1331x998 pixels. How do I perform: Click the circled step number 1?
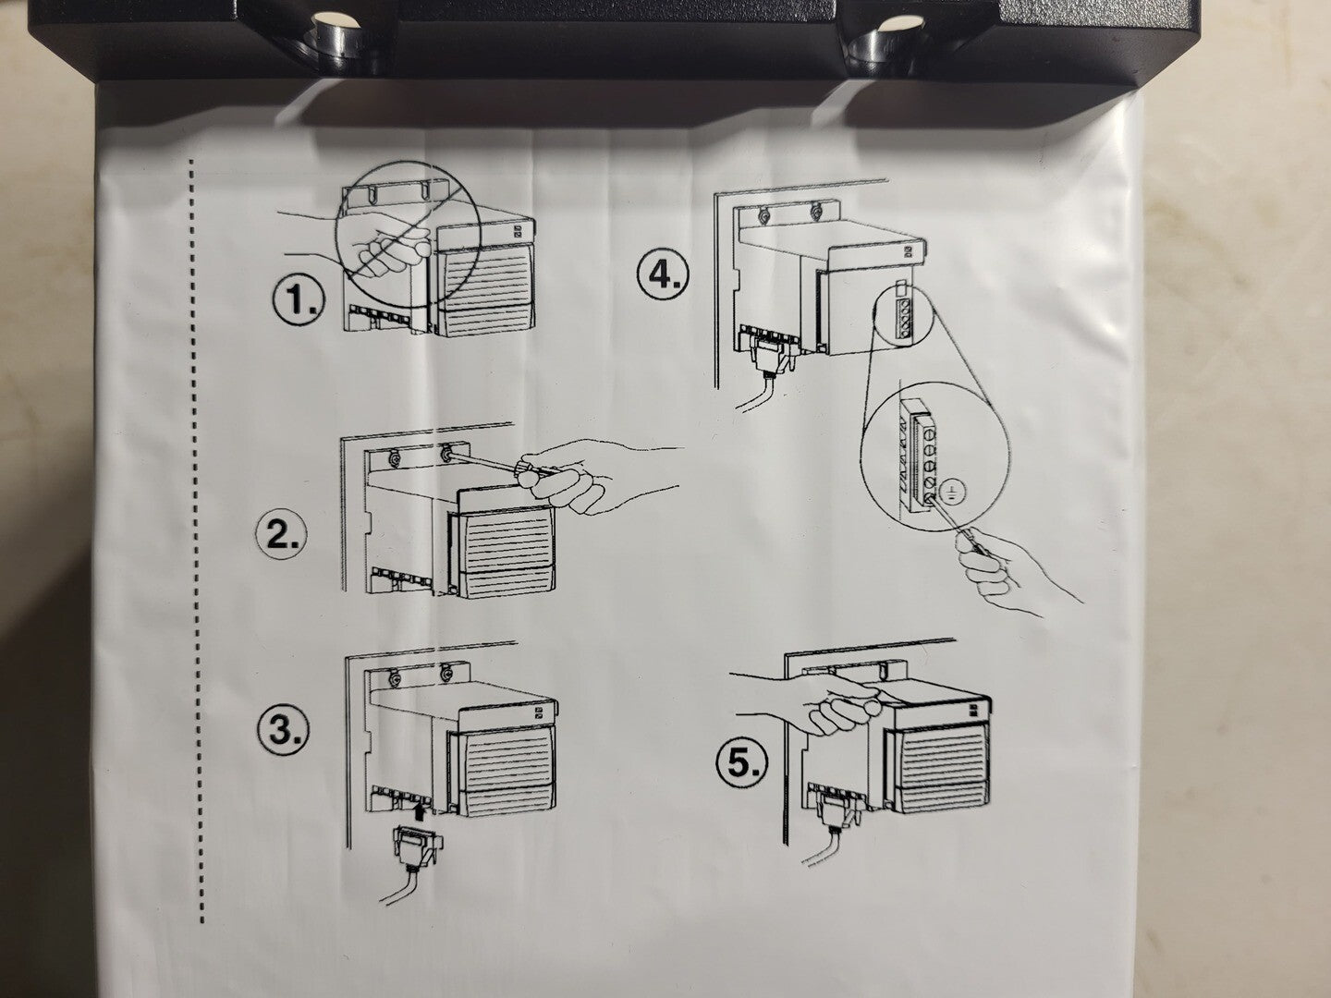click(x=297, y=300)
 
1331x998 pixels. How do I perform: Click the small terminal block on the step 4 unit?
click(x=902, y=315)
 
